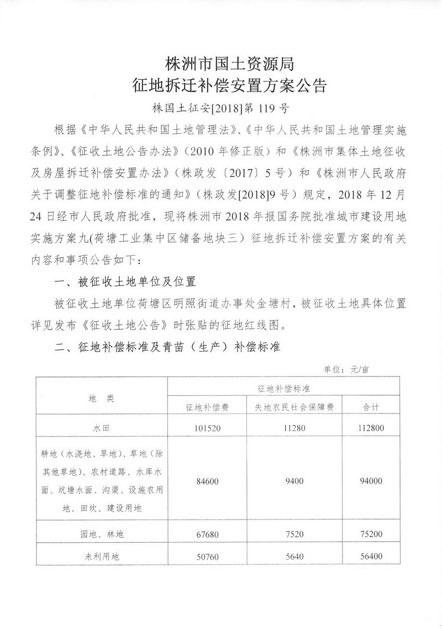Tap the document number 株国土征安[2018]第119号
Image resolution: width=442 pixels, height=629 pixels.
tap(220, 107)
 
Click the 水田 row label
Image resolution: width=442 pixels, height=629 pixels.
tap(101, 428)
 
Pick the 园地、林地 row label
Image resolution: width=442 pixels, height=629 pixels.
tap(101, 534)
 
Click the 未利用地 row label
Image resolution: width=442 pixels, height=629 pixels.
tap(101, 557)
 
